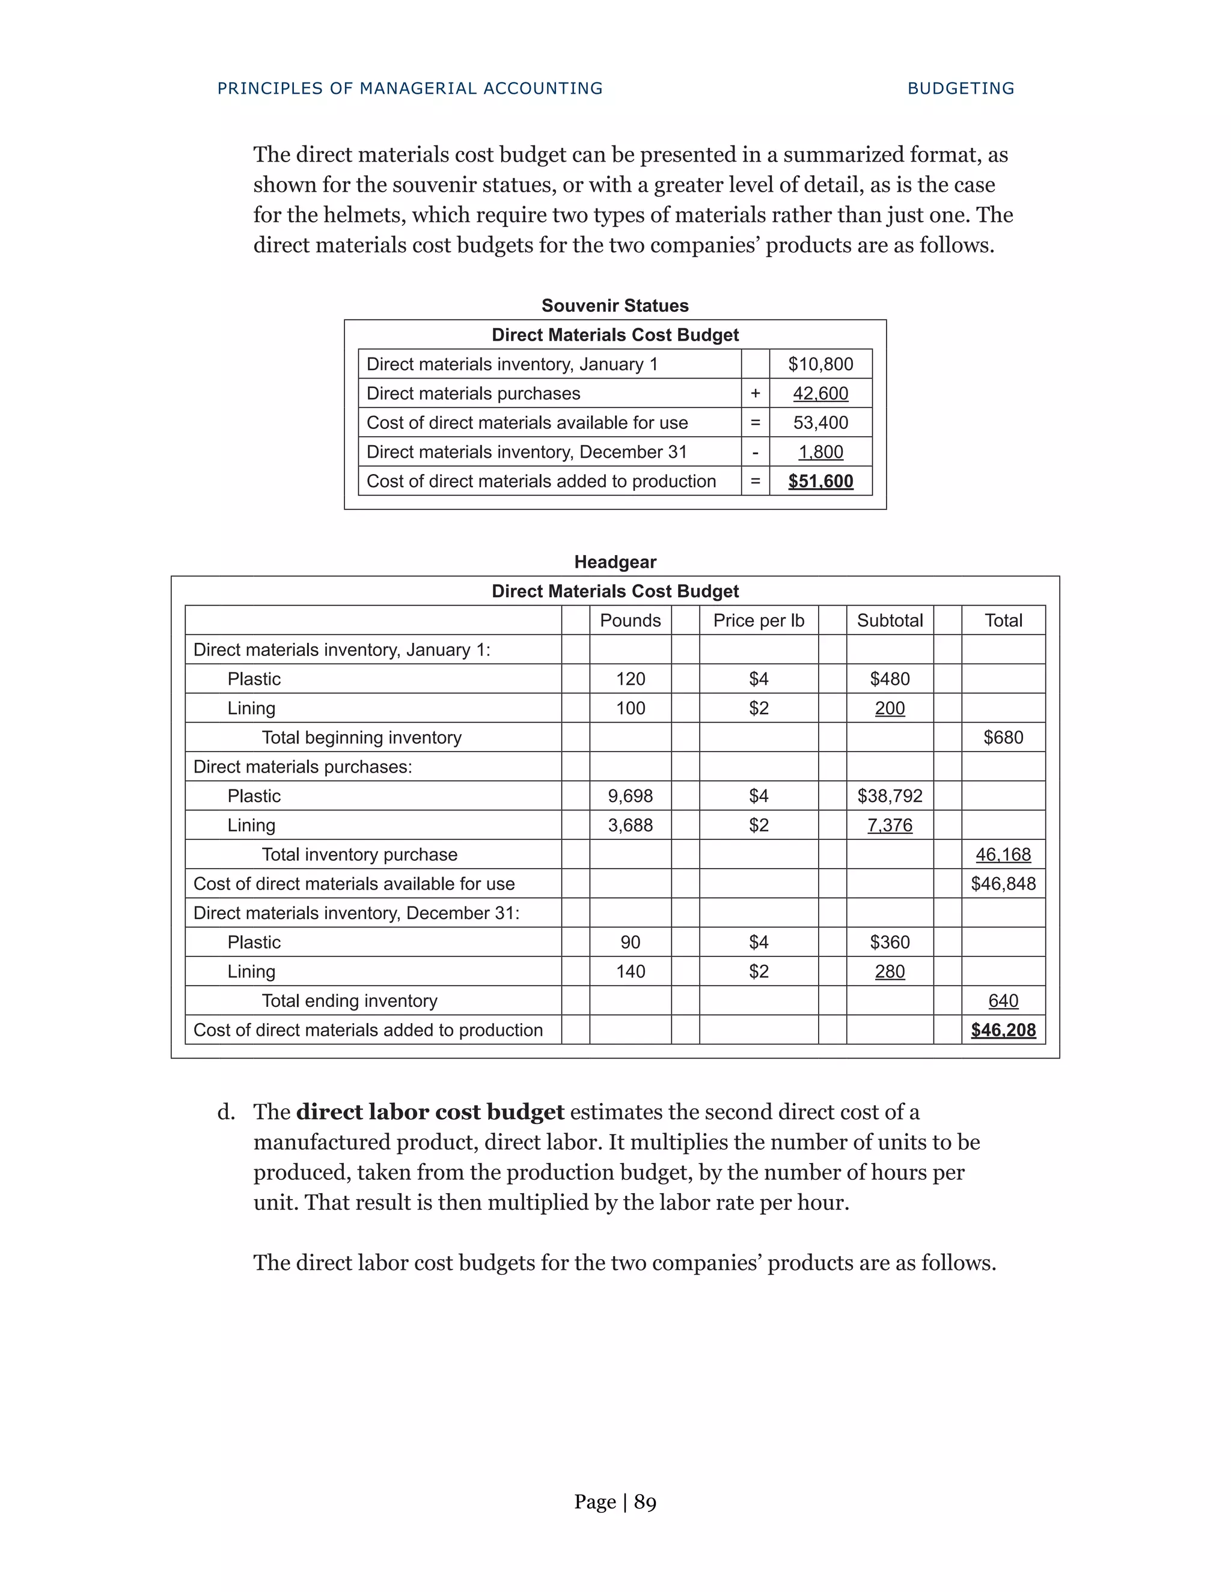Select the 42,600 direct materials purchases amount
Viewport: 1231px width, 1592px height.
(820, 393)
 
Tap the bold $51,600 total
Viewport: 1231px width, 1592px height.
(820, 481)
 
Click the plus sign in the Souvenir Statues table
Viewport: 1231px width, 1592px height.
(755, 393)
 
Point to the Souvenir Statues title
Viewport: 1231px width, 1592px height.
(615, 305)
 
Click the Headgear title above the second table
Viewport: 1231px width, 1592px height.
(615, 562)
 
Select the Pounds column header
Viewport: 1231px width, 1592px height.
(630, 621)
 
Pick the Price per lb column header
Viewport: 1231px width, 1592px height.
(759, 621)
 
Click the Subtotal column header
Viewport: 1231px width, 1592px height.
(890, 621)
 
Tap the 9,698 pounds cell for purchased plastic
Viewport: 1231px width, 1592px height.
(630, 796)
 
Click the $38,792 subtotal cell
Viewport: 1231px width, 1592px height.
(890, 796)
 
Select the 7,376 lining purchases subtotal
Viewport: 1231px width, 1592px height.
(890, 825)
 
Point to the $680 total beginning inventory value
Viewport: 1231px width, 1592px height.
(1003, 738)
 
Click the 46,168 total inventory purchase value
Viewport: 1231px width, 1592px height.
(1003, 854)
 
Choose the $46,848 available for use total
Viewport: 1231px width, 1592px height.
(1003, 884)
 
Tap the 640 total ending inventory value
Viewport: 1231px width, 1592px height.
(1003, 1001)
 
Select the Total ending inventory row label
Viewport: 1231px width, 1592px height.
(349, 1001)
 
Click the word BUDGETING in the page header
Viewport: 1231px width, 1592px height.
(961, 88)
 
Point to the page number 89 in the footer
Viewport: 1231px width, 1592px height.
(645, 1502)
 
